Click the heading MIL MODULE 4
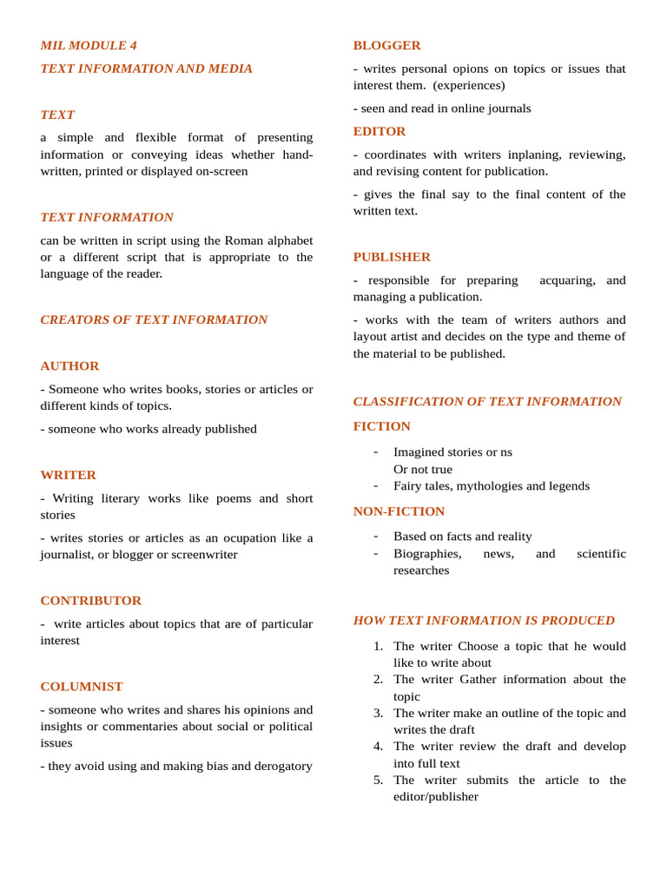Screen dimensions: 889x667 point(89,45)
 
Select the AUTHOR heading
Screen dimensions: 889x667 point(69,365)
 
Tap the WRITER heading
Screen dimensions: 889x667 point(68,475)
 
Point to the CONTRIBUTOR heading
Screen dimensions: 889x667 point(90,600)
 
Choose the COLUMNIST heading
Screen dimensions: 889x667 point(82,686)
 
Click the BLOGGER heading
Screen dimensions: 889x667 point(386,45)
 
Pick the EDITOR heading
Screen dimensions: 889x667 point(380,131)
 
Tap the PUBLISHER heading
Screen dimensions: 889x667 point(392,257)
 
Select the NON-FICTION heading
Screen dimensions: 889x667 point(399,511)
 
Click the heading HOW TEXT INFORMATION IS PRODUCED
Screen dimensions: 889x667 point(484,620)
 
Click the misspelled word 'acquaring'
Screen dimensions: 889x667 point(567,280)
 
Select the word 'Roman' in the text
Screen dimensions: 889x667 point(243,240)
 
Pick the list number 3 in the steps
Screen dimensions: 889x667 point(378,713)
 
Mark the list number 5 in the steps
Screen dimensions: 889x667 point(378,780)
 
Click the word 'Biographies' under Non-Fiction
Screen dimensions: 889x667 point(427,553)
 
